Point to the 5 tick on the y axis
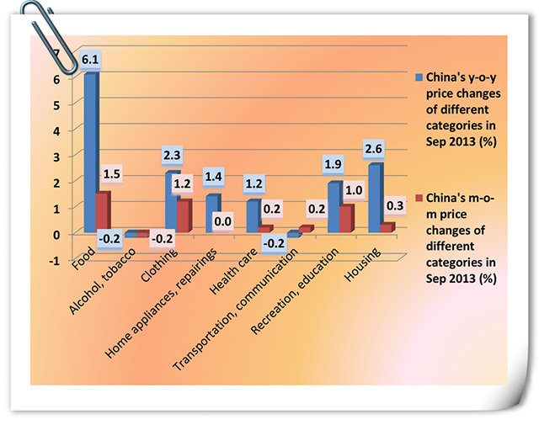[x=58, y=104]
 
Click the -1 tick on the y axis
[x=56, y=260]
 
